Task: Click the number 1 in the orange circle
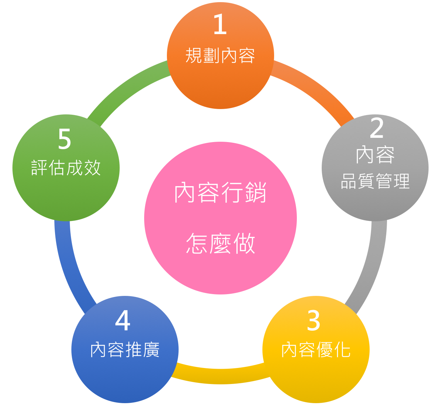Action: tap(220, 25)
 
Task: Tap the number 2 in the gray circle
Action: tap(376, 128)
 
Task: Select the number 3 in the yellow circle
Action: tap(314, 321)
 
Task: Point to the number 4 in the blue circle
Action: tap(123, 321)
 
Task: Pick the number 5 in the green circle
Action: tap(65, 139)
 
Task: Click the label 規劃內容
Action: tap(220, 56)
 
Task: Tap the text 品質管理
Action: tap(375, 181)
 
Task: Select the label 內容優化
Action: tap(316, 350)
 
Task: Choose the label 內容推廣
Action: tap(125, 350)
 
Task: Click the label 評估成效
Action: tap(66, 168)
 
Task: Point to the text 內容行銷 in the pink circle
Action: tap(220, 193)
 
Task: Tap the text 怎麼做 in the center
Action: tap(220, 244)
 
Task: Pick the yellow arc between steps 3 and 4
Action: tap(220, 376)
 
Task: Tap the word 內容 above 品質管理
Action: tap(375, 155)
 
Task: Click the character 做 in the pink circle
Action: tap(244, 244)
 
